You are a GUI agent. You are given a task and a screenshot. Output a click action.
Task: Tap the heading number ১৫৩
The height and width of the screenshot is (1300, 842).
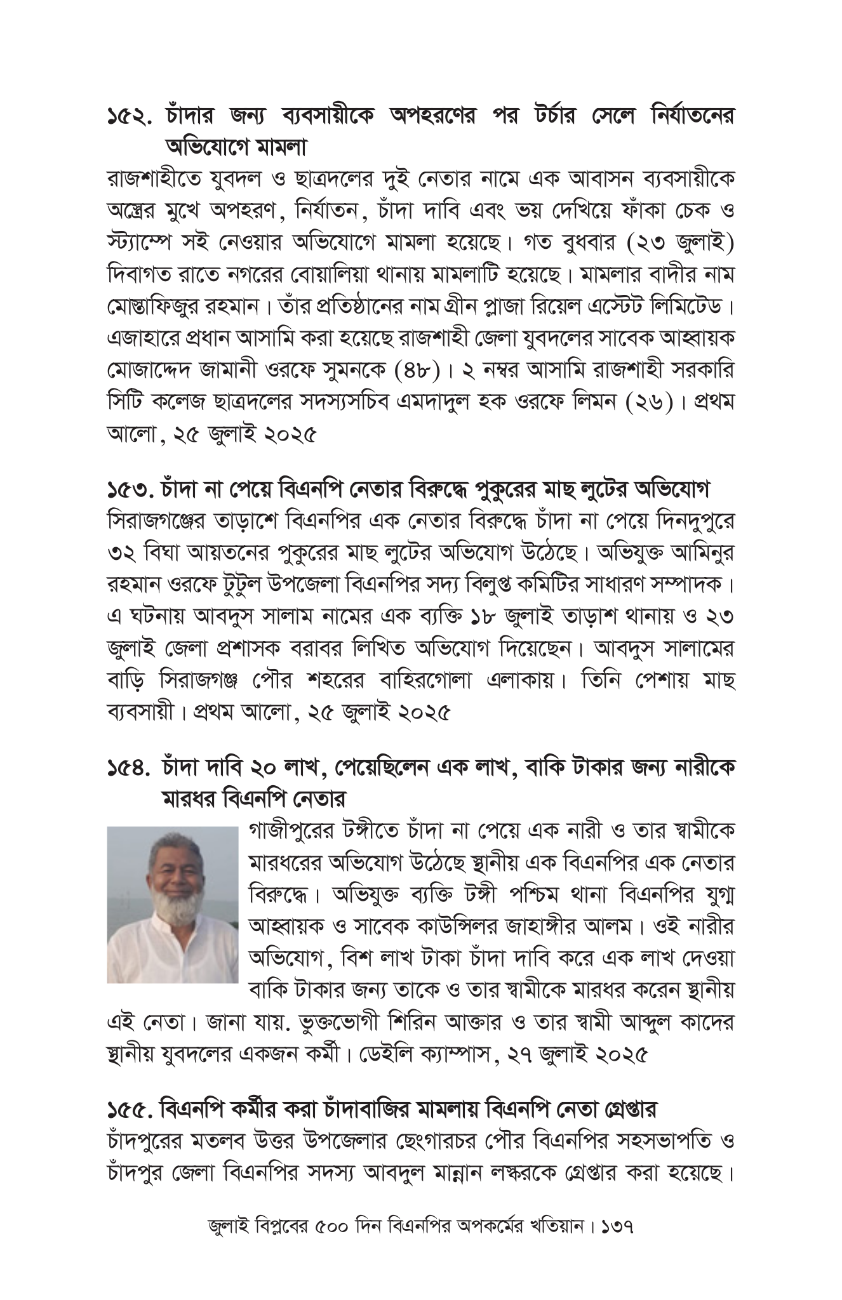[x=131, y=491]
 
